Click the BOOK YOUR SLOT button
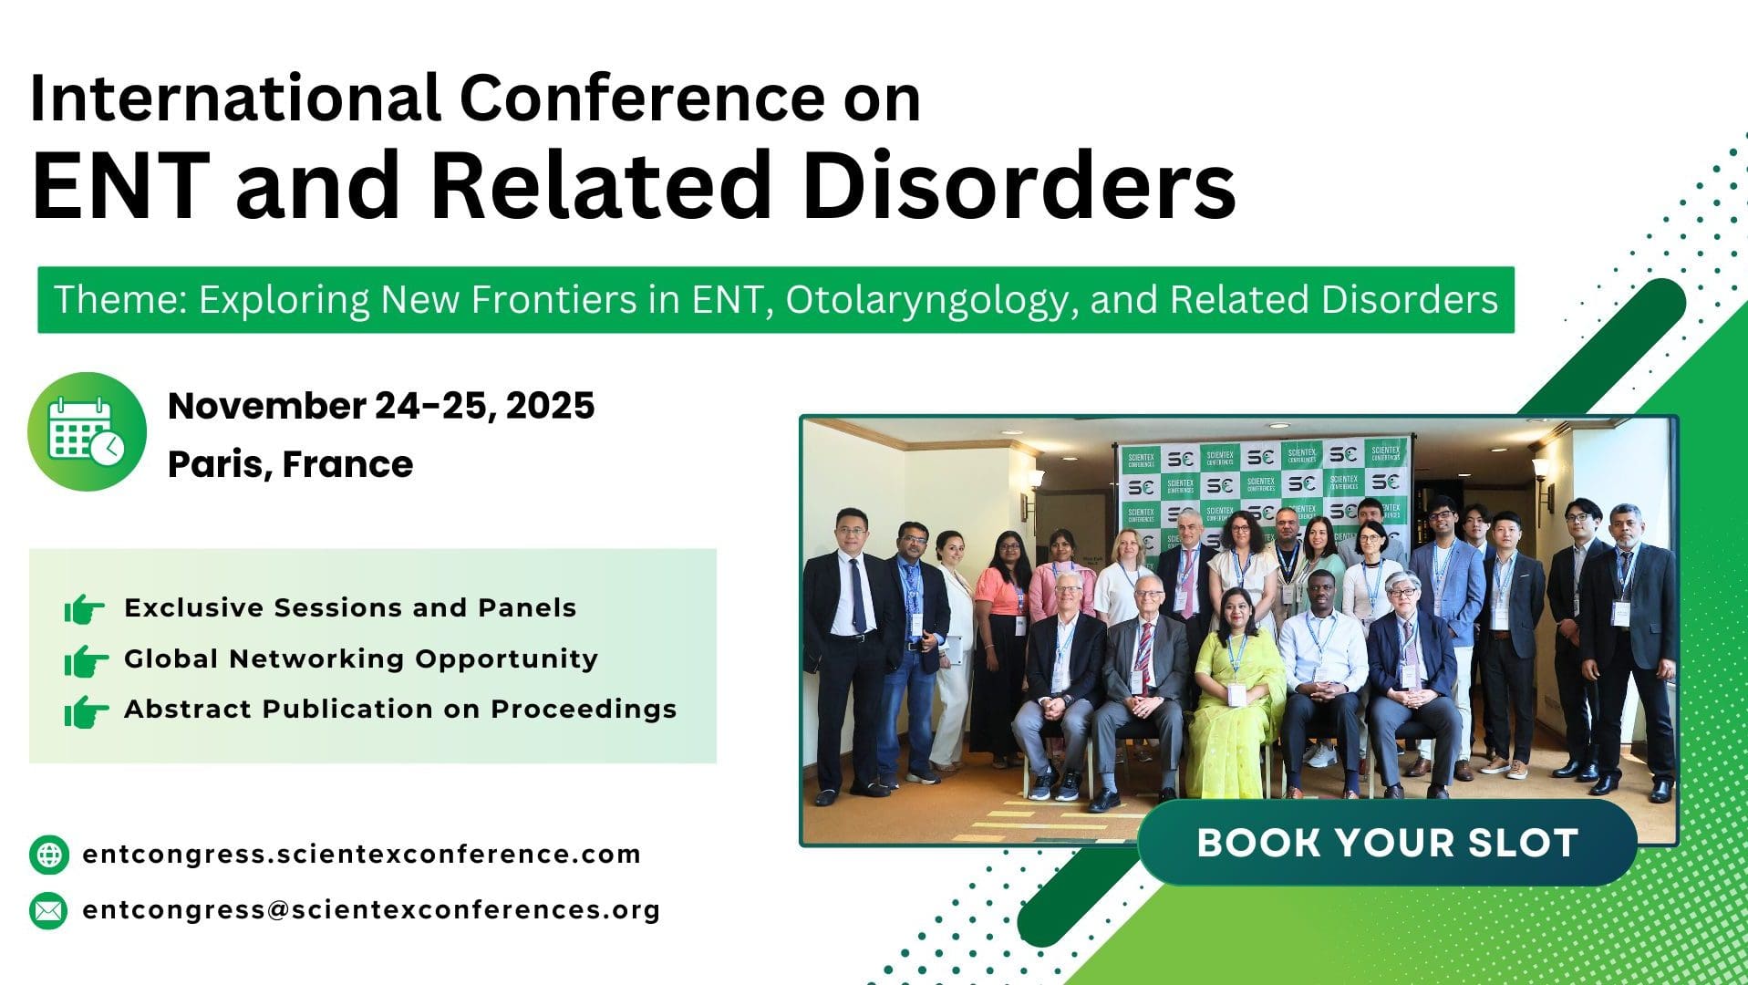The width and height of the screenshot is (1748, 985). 1387,843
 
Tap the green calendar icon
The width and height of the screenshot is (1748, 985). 87,431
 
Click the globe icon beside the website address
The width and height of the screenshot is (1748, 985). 48,855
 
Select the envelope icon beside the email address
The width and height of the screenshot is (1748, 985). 48,910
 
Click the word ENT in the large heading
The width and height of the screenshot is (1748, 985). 120,185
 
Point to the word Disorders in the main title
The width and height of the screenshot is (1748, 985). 1018,185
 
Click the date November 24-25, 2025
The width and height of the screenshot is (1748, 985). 381,406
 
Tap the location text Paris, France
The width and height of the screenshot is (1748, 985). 290,464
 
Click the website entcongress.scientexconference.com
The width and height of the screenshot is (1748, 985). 362,855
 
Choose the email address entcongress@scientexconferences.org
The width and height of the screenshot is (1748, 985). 371,910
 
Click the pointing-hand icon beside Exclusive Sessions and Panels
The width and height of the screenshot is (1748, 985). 85,608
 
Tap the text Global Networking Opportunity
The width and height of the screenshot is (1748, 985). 361,658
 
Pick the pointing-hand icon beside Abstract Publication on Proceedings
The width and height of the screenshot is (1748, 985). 85,710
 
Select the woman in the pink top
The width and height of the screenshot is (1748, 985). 1000,638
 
